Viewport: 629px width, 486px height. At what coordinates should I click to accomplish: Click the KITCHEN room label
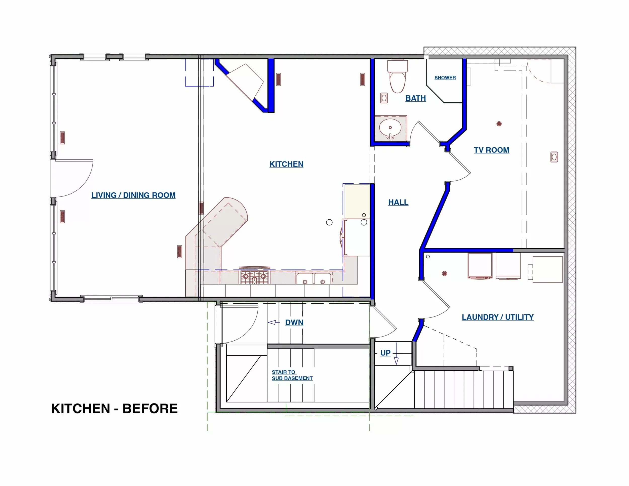pyautogui.click(x=286, y=164)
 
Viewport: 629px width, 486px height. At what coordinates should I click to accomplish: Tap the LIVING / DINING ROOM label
pyautogui.click(x=133, y=195)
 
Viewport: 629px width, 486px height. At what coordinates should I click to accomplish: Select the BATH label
pyautogui.click(x=415, y=98)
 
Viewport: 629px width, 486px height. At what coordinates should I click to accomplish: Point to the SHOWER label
pyautogui.click(x=445, y=78)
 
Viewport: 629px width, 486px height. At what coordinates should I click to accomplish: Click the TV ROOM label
pyautogui.click(x=491, y=150)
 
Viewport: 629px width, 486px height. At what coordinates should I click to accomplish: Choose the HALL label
pyautogui.click(x=398, y=202)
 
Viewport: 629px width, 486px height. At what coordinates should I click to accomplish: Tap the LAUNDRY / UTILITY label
pyautogui.click(x=497, y=317)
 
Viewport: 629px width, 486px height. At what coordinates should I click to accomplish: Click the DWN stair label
pyautogui.click(x=294, y=322)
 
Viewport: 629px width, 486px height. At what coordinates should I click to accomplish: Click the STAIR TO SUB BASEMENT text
pyautogui.click(x=292, y=375)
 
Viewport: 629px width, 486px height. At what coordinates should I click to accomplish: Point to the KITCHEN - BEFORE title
pyautogui.click(x=114, y=409)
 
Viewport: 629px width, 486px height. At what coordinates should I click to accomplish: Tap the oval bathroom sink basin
pyautogui.click(x=390, y=128)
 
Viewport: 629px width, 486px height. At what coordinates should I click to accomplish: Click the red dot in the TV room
pyautogui.click(x=499, y=124)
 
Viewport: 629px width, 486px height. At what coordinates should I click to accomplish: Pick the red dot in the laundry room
pyautogui.click(x=444, y=273)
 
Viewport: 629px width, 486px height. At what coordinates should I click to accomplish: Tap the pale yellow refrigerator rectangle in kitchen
pyautogui.click(x=357, y=201)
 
